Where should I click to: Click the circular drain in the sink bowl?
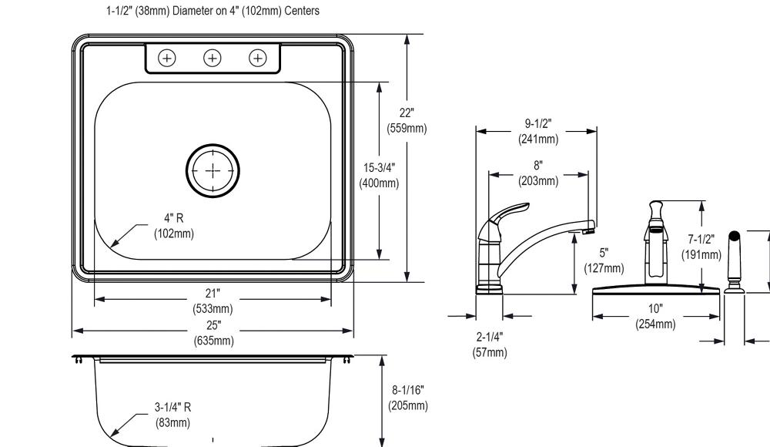point(213,170)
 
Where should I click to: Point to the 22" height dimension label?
point(406,121)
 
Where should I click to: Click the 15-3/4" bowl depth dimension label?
point(379,175)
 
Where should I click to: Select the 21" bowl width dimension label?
point(213,301)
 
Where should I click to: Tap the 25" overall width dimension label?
point(213,332)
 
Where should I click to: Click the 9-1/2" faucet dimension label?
point(537,131)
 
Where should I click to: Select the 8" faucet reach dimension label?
point(537,173)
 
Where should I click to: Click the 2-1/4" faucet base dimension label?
point(489,344)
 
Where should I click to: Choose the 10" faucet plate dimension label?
point(655,317)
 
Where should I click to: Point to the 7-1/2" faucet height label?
point(701,247)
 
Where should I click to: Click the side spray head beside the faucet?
point(734,262)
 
